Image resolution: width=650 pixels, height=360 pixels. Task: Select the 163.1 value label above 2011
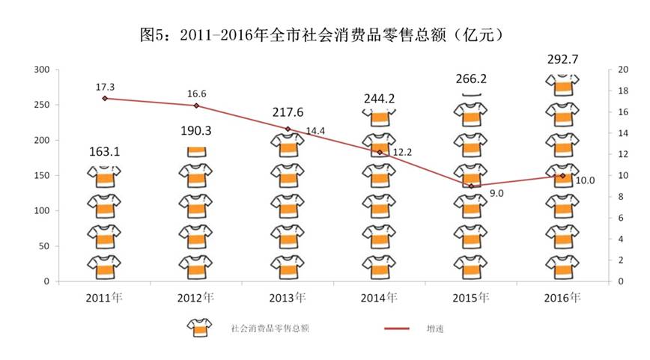click(x=104, y=152)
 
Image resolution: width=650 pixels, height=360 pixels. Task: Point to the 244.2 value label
click(x=379, y=97)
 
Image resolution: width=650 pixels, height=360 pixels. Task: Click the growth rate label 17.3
click(x=105, y=88)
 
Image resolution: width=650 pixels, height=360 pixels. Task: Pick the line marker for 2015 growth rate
click(x=471, y=186)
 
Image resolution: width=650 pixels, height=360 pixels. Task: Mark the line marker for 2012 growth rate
click(x=196, y=106)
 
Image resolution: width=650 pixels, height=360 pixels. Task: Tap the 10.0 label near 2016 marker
click(x=586, y=180)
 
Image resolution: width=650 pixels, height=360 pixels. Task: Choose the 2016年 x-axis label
click(x=562, y=297)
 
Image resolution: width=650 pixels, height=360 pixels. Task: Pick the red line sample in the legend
click(x=399, y=328)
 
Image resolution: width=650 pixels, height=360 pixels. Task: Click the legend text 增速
click(x=434, y=328)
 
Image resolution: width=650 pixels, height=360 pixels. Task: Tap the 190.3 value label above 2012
click(x=195, y=130)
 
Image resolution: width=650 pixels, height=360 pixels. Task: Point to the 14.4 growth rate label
click(x=317, y=131)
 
